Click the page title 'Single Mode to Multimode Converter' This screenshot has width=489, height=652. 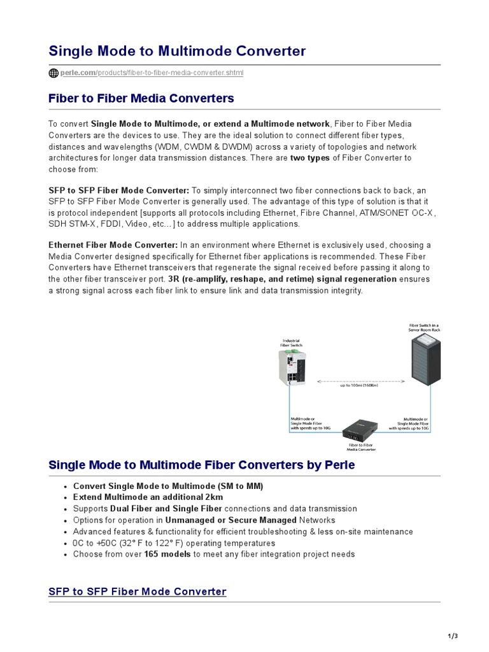(x=177, y=51)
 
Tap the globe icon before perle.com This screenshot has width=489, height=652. (x=53, y=73)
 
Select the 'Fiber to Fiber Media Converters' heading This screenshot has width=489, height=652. (x=141, y=98)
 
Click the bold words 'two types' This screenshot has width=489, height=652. (x=310, y=158)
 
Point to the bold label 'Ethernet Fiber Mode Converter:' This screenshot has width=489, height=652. (x=113, y=245)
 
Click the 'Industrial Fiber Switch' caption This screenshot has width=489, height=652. (x=291, y=343)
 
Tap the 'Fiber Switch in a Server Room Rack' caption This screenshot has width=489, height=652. (x=424, y=327)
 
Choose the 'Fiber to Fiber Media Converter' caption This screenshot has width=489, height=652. (x=361, y=447)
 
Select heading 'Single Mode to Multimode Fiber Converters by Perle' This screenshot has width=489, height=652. (x=202, y=465)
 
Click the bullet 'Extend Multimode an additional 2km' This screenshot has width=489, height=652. (x=148, y=497)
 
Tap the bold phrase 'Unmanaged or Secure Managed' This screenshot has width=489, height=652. (x=230, y=520)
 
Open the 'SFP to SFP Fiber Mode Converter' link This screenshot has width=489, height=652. (x=138, y=592)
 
